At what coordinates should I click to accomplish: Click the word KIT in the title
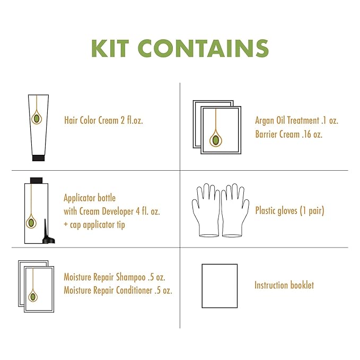110,48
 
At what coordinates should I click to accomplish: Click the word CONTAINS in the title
204,48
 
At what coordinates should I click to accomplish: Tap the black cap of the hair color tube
38,158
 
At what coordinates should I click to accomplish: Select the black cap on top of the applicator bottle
36,180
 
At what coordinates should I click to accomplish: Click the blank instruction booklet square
219,286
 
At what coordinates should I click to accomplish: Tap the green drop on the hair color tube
37,119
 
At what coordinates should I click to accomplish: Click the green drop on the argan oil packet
216,140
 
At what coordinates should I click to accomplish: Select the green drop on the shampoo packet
33,296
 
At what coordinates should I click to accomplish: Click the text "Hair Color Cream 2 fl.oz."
103,120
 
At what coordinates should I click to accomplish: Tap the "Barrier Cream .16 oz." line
289,134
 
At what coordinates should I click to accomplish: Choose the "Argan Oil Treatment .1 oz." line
296,120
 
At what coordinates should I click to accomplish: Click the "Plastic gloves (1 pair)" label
289,210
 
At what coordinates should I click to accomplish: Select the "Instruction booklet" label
284,285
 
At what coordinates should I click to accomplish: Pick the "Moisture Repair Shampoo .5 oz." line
115,277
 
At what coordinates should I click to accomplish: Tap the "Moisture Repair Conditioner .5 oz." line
118,291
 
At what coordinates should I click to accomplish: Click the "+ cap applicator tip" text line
94,225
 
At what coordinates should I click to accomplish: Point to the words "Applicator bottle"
90,198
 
